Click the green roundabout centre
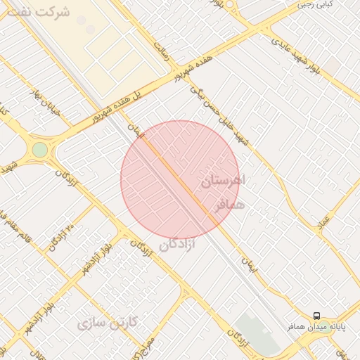click(40, 150)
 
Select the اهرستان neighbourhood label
click(224, 180)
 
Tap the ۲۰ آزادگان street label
click(61, 238)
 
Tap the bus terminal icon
click(316, 316)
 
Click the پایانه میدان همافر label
click(316, 328)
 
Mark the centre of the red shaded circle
click(180, 180)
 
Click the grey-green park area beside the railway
click(257, 334)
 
